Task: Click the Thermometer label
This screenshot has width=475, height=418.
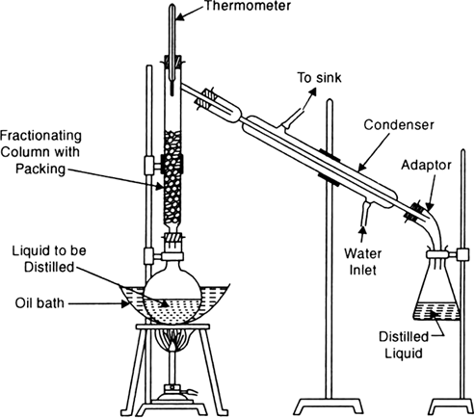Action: (x=248, y=6)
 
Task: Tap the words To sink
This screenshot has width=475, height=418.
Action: (x=319, y=78)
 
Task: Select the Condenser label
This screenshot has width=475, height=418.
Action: (x=399, y=124)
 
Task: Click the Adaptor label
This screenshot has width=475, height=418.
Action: (x=426, y=165)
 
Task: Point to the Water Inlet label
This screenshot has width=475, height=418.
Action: (x=363, y=262)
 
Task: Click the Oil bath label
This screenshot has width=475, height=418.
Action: (x=40, y=302)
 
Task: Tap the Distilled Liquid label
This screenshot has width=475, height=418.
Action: (x=404, y=345)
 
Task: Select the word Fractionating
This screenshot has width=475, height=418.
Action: (x=40, y=136)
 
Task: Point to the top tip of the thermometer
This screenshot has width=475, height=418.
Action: (x=172, y=5)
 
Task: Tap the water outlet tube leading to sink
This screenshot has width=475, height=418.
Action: (x=292, y=118)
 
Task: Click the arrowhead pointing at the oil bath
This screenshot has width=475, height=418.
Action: (x=124, y=303)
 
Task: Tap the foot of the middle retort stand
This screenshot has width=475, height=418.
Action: (x=329, y=406)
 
